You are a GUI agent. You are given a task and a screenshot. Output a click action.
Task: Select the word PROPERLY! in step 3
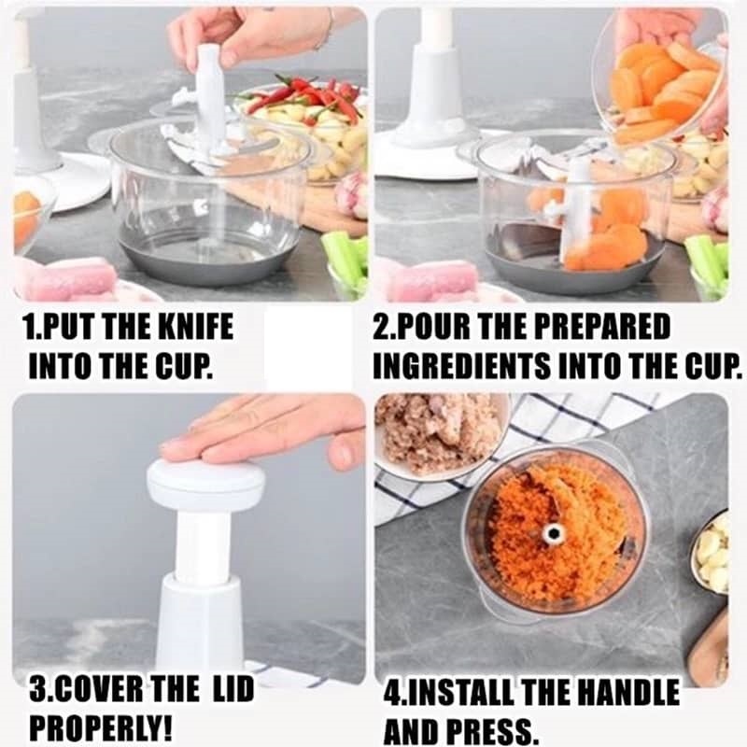pyautogui.click(x=101, y=726)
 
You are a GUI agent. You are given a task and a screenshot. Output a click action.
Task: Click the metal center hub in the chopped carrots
pyautogui.click(x=554, y=533)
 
